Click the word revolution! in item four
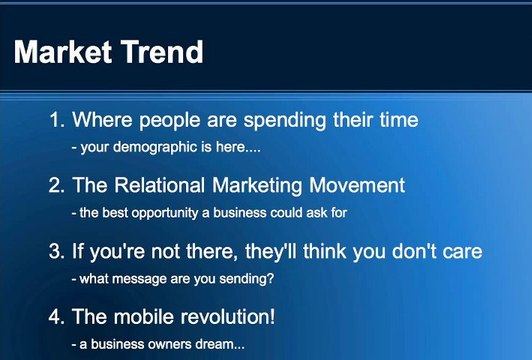[x=227, y=317]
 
